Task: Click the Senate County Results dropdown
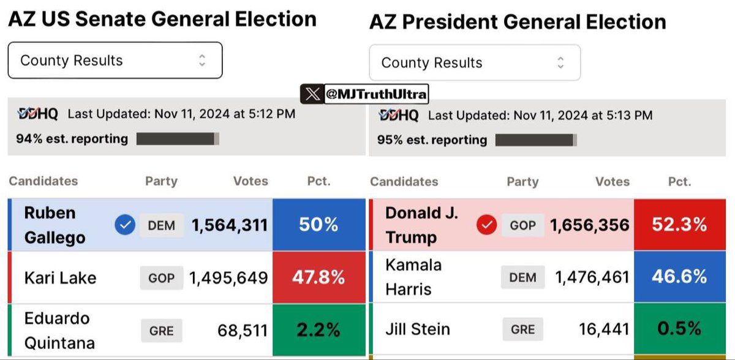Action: pos(115,60)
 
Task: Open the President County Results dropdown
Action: pos(474,62)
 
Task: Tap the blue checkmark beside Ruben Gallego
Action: pos(124,226)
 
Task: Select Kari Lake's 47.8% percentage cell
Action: pos(318,278)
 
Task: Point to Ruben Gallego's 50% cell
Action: pos(318,225)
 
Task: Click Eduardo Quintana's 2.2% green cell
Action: pos(318,330)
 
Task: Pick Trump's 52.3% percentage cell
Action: pos(679,225)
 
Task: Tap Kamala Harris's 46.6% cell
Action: pos(679,277)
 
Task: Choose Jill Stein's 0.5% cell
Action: pos(679,329)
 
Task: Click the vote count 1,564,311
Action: pos(230,225)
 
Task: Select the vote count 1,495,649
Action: pos(228,278)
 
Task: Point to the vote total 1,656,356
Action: pos(590,225)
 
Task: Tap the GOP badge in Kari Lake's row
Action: pos(162,278)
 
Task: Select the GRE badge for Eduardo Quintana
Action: pos(162,331)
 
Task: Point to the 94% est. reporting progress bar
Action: pos(178,138)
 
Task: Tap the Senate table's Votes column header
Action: pos(251,181)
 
